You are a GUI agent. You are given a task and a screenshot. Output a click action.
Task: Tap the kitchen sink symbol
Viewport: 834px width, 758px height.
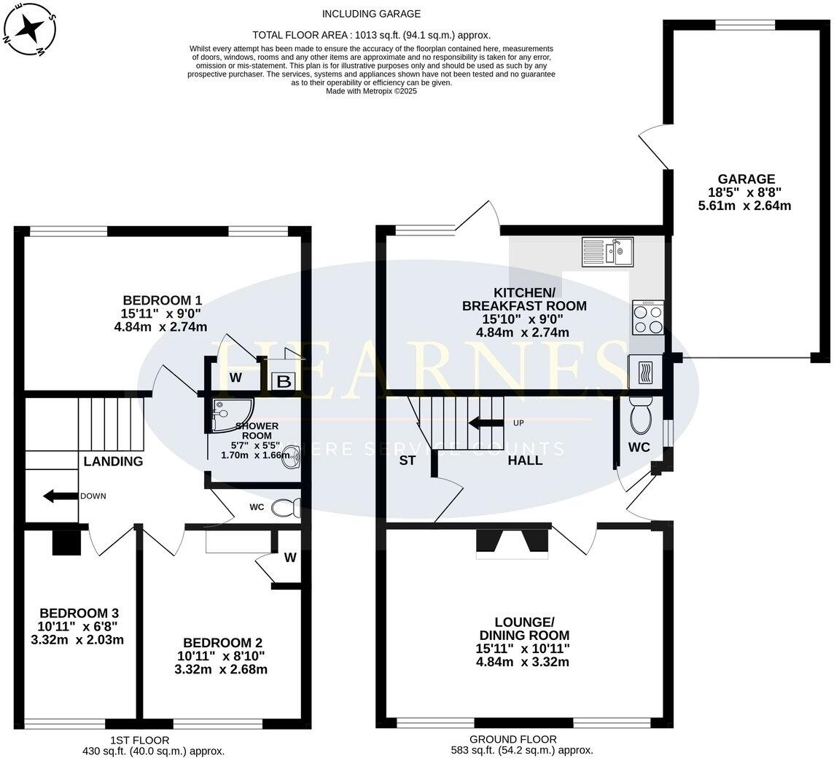click(607, 251)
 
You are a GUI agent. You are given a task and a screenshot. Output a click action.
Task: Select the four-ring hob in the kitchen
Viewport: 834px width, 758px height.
click(648, 317)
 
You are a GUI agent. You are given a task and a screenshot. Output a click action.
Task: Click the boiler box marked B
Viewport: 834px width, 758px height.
click(284, 381)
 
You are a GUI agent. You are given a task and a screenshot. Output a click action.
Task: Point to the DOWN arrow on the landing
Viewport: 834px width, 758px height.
click(61, 496)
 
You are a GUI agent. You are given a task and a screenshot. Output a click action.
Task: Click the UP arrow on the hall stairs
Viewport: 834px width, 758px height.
click(486, 423)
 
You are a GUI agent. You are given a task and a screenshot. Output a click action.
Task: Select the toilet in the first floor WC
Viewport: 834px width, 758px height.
click(287, 507)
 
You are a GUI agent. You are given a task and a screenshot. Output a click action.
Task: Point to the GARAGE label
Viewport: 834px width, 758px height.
click(747, 179)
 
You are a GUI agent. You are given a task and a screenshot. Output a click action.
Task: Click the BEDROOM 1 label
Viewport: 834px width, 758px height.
click(163, 300)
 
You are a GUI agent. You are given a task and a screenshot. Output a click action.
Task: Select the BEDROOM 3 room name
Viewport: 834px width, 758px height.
click(79, 613)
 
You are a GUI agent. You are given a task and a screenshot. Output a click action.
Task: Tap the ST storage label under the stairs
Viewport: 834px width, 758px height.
click(407, 460)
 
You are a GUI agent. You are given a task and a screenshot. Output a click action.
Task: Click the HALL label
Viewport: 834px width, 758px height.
click(525, 460)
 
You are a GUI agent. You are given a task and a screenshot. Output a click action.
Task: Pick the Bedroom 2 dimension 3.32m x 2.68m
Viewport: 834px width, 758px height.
click(221, 669)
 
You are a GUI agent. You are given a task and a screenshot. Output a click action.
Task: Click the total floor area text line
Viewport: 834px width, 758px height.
click(371, 36)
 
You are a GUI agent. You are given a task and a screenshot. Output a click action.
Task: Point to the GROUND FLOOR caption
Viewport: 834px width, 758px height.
click(513, 739)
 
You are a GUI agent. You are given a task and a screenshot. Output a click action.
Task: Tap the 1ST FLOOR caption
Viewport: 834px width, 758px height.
click(140, 740)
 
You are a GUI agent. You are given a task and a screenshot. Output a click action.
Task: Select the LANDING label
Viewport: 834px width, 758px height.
click(113, 461)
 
